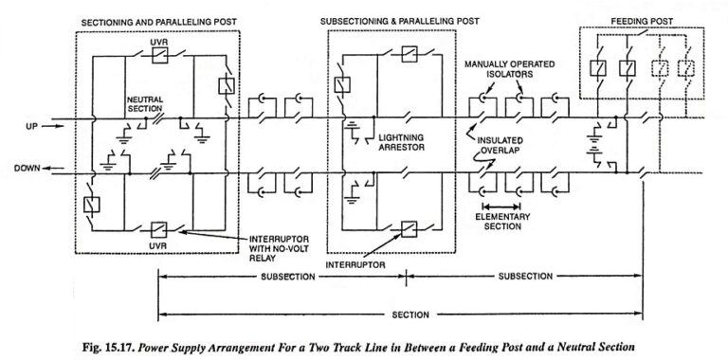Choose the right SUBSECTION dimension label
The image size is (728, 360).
click(x=523, y=277)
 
